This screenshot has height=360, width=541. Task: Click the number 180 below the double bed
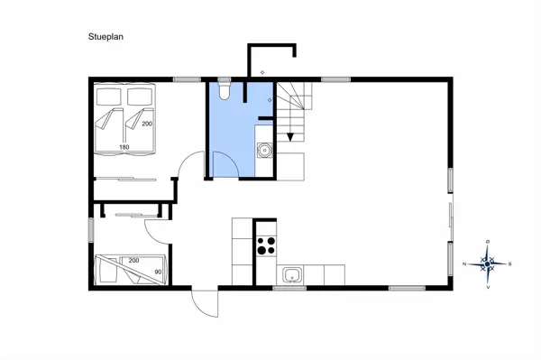click(125, 146)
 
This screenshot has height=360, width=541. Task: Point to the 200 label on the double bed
click(147, 123)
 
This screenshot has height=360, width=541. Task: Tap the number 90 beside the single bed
click(159, 271)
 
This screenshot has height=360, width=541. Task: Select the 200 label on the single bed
click(133, 260)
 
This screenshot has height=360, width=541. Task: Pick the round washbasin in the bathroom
click(265, 151)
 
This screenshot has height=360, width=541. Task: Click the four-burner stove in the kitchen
click(265, 246)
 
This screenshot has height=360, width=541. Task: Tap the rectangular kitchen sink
click(290, 274)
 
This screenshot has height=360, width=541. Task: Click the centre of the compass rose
click(487, 263)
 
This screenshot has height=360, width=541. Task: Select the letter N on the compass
click(463, 264)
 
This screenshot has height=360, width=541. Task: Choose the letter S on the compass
click(509, 264)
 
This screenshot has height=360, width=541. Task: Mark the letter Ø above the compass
click(487, 242)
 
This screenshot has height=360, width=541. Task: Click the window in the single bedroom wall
click(90, 228)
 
